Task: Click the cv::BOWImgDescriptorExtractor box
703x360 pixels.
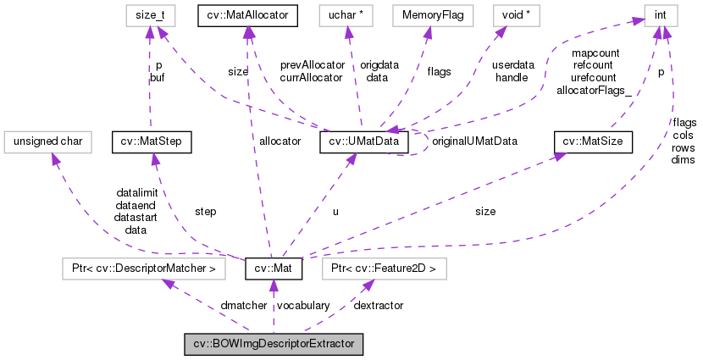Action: (x=274, y=345)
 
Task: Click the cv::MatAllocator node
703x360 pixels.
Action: (x=246, y=14)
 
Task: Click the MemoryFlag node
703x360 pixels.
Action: (x=429, y=14)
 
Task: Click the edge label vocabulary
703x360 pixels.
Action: (x=303, y=305)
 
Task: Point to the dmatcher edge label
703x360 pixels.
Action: (x=197, y=305)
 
